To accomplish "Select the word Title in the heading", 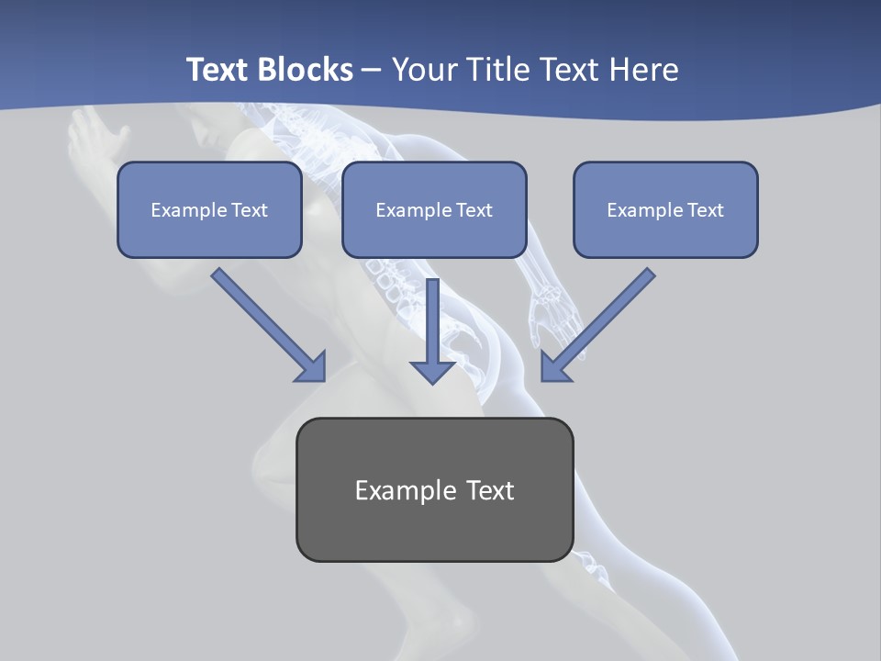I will (x=498, y=70).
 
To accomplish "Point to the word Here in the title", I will (x=642, y=70).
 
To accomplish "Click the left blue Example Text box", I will (x=209, y=209).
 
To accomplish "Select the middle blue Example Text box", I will (x=434, y=209).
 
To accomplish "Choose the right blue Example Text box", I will (x=665, y=209).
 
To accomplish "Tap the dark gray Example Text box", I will (x=434, y=489).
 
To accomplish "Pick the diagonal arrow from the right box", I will (x=598, y=324).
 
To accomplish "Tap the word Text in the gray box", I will (x=490, y=490).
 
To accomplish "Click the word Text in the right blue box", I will (x=705, y=210).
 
